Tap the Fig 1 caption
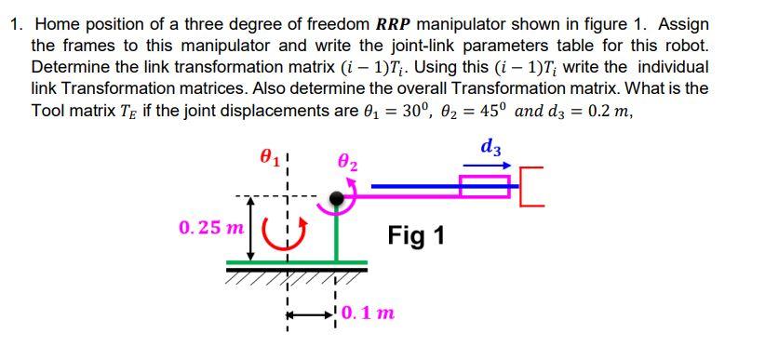point(416,236)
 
